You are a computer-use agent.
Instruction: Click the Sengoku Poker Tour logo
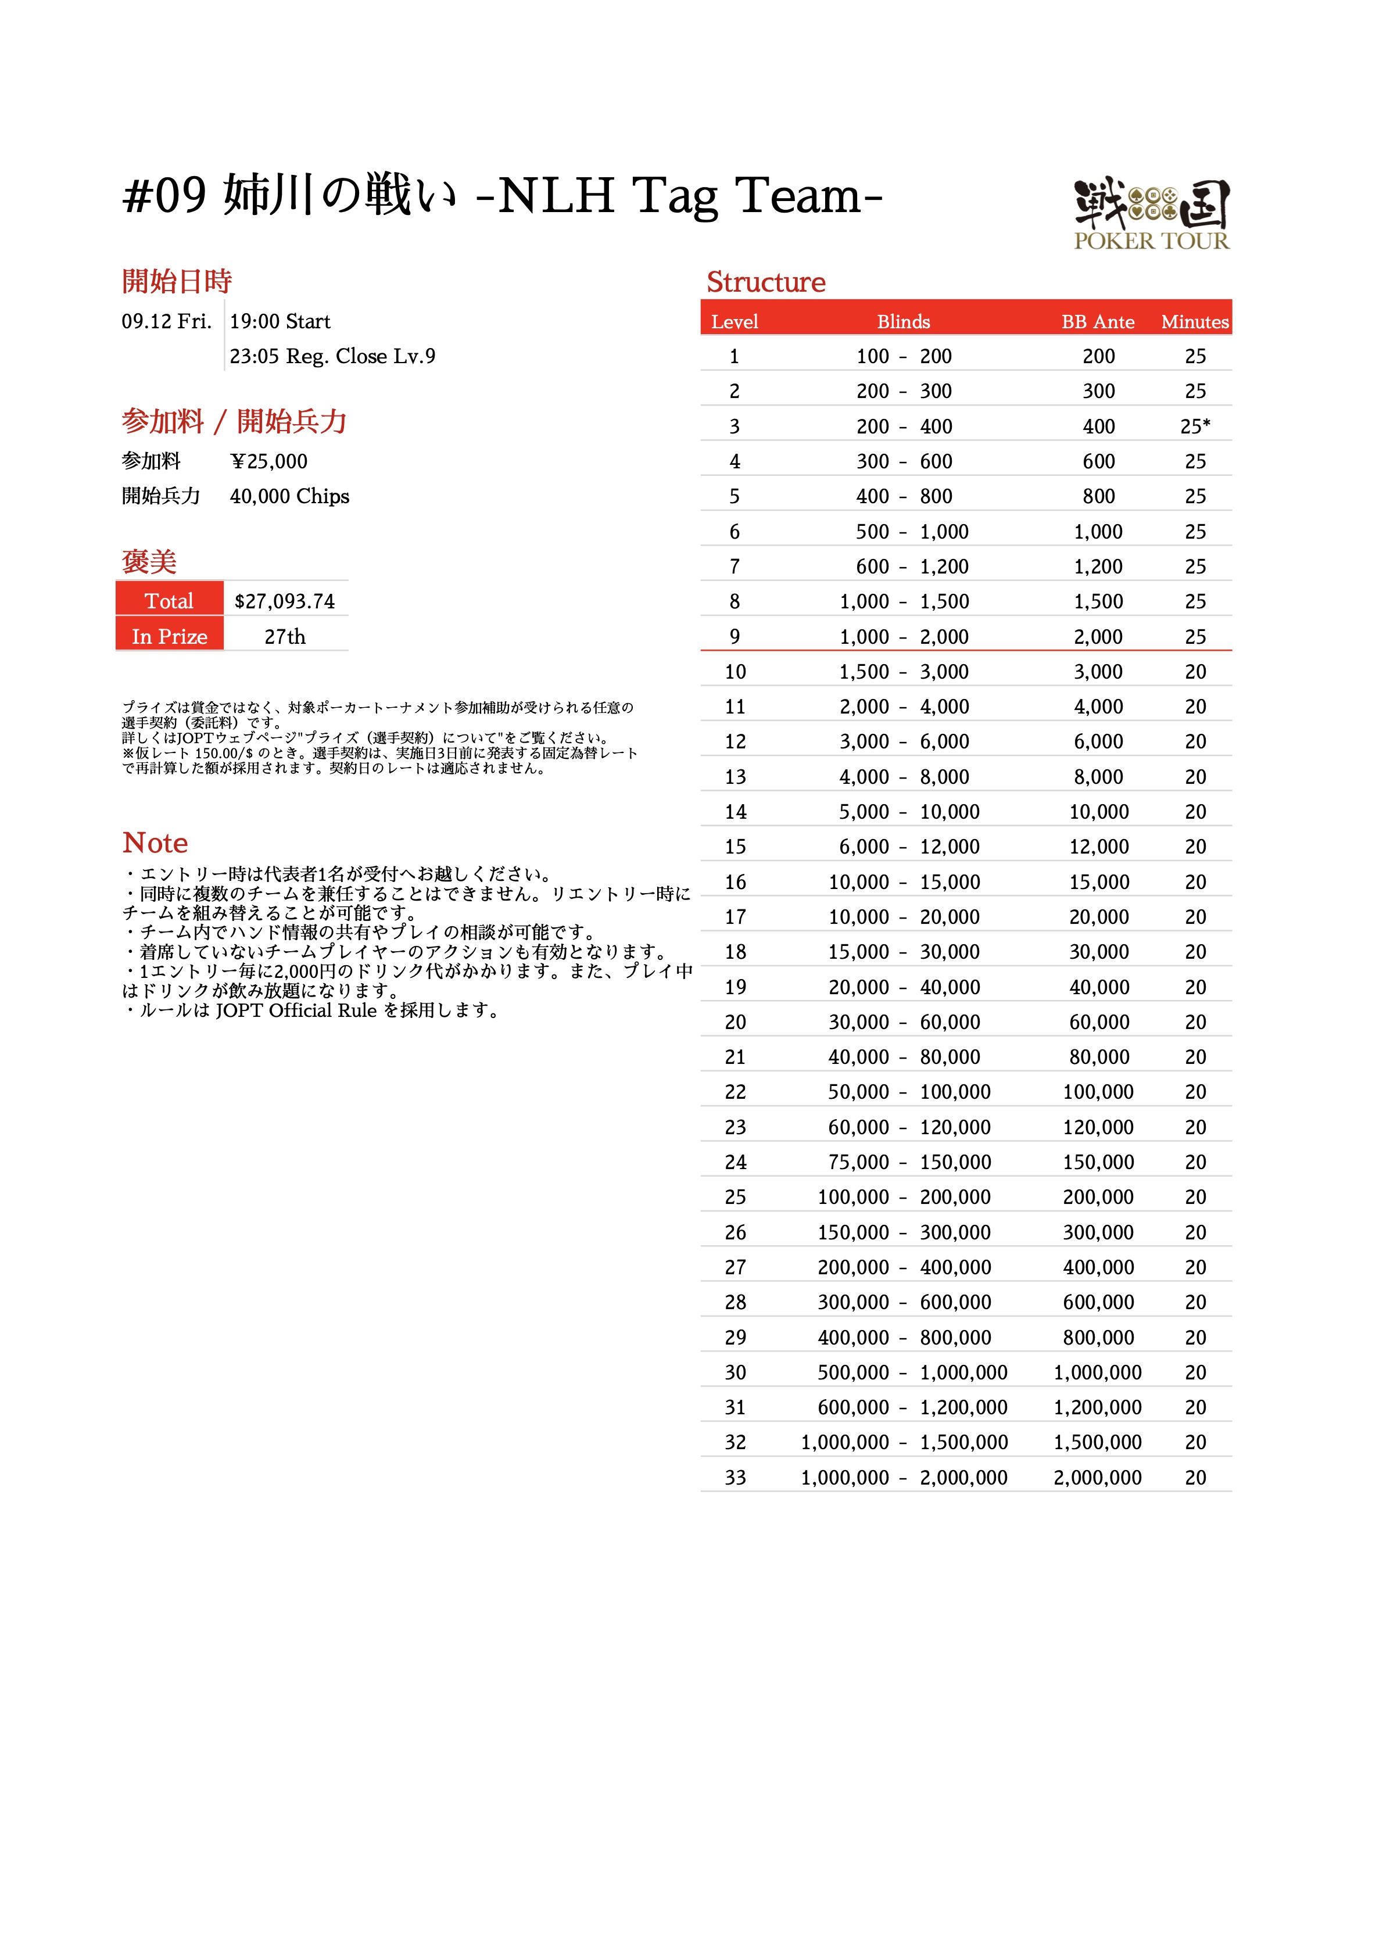1151,214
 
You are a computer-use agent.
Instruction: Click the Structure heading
766,282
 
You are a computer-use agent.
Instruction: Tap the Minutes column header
1195,322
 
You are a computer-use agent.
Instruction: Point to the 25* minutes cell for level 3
1195,426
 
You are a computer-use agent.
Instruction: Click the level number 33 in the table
735,1477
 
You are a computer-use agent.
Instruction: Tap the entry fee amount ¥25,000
268,462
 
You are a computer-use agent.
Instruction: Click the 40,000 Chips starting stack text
289,497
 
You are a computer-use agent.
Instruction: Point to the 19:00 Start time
280,321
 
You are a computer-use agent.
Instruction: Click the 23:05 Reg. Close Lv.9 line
332,356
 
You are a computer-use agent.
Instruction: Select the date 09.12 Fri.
166,321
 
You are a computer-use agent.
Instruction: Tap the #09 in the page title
164,196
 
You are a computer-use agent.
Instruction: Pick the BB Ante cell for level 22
1098,1092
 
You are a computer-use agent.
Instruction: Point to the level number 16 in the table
735,882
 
